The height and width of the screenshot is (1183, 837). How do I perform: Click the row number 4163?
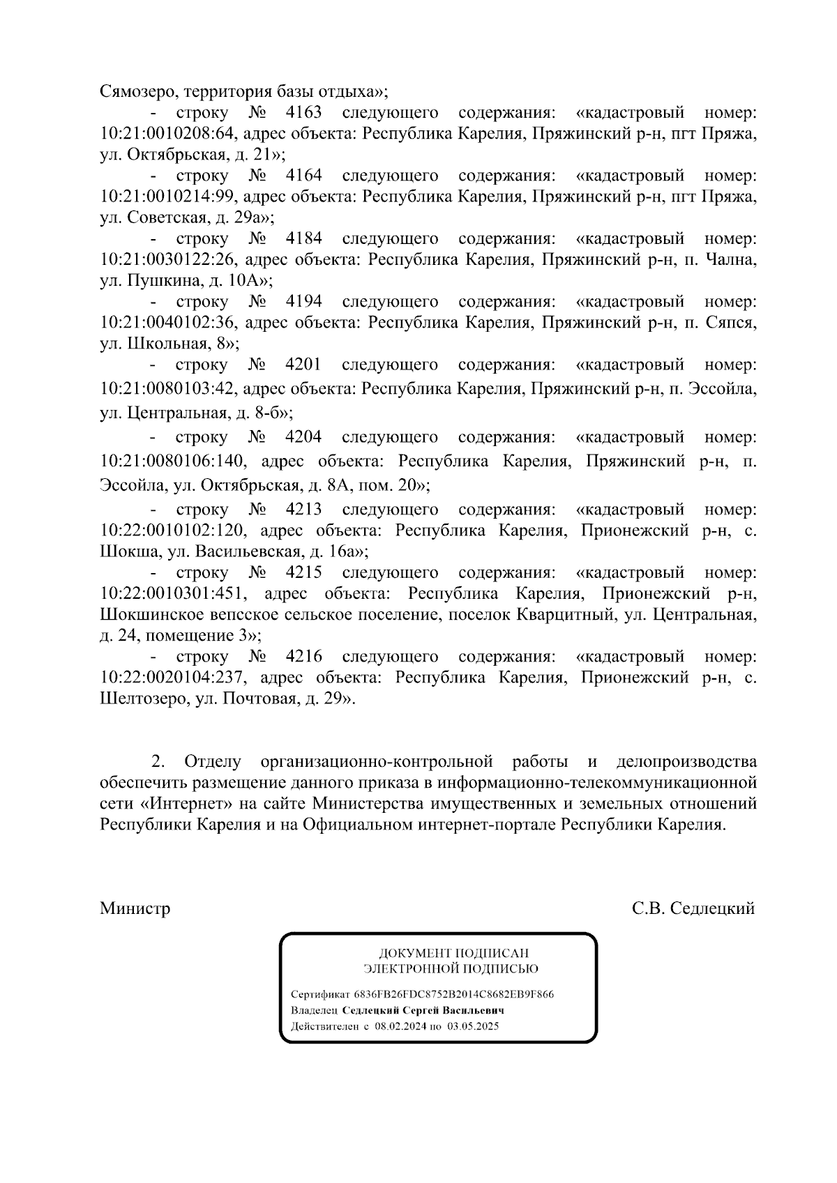[303, 113]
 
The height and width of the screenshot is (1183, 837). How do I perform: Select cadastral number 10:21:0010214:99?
[169, 197]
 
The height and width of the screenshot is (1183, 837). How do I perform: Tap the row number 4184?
[303, 239]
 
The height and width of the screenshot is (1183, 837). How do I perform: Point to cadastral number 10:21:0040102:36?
[169, 323]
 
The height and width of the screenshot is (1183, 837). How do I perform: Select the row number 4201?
[303, 365]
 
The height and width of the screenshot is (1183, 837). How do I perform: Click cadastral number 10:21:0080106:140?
[172, 461]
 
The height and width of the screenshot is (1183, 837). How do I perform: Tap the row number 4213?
[303, 510]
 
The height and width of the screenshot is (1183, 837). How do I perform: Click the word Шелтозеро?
[142, 699]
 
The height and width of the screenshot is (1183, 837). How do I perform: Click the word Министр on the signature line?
[135, 909]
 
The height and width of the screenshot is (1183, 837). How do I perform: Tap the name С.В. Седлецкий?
[693, 909]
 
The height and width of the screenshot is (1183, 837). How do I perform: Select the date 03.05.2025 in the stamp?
[474, 1026]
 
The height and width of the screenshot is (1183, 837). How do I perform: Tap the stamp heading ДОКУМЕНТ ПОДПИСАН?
[453, 953]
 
